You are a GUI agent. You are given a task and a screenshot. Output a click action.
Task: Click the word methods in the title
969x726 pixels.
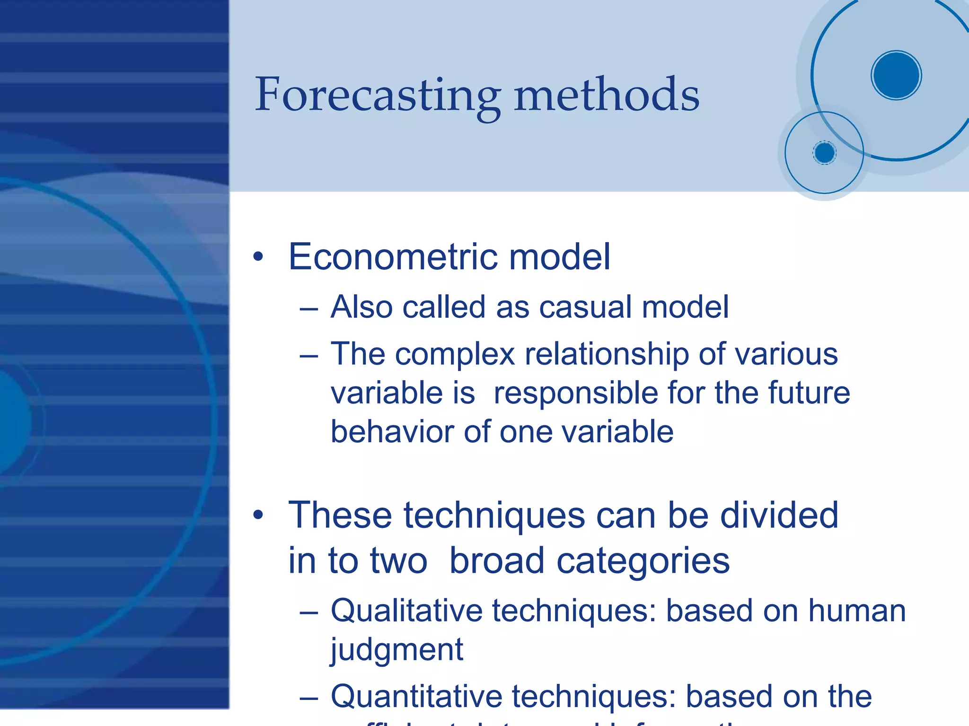(x=607, y=96)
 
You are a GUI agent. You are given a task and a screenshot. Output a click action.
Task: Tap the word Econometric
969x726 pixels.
(x=392, y=257)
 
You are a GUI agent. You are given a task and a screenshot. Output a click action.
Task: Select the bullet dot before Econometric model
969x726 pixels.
(x=258, y=257)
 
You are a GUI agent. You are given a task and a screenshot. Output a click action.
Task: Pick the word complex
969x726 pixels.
(x=455, y=354)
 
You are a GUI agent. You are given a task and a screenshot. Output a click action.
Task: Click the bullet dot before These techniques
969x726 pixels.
(x=258, y=515)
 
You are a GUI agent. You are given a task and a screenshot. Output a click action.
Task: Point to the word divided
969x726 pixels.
(x=779, y=515)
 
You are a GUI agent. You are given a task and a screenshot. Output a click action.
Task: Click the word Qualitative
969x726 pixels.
(x=406, y=611)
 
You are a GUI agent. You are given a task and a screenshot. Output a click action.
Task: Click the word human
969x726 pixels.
(x=857, y=611)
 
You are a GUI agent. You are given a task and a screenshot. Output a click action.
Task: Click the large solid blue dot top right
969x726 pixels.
(x=896, y=75)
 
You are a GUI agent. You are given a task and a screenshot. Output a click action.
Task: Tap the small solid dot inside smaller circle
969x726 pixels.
(x=824, y=153)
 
